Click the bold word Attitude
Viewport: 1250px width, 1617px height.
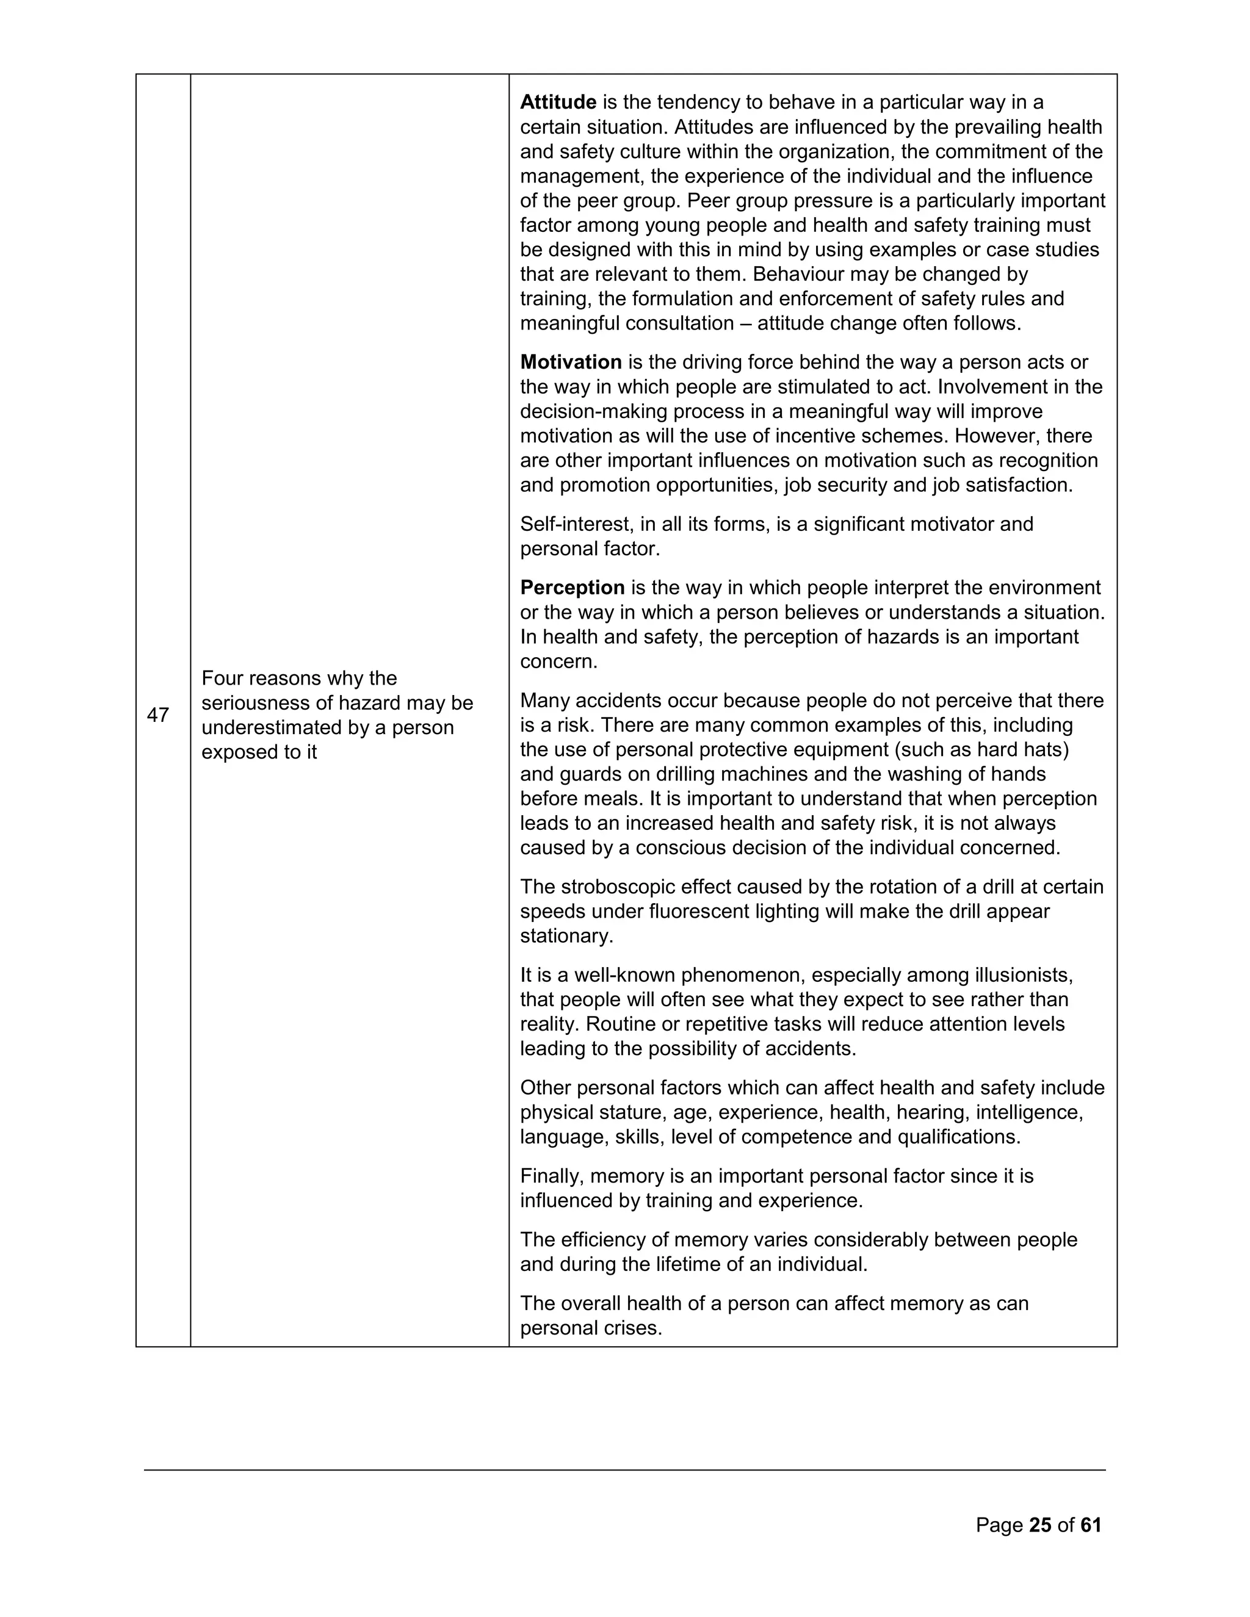coord(558,102)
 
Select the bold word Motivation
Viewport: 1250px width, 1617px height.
coord(570,362)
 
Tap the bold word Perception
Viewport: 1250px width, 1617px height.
coord(572,588)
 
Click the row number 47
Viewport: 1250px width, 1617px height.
coord(157,715)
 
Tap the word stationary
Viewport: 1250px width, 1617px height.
coord(566,937)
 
